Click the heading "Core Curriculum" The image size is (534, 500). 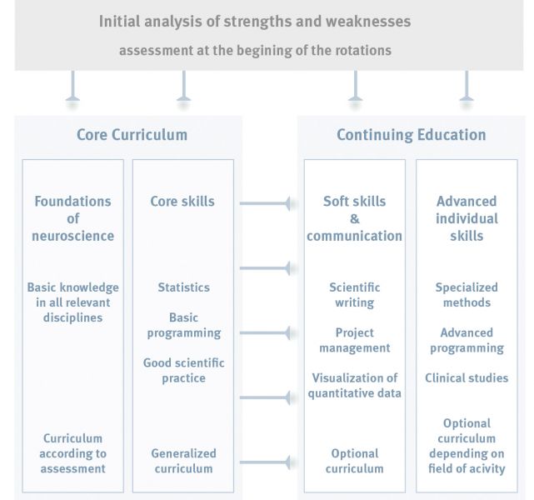pos(132,135)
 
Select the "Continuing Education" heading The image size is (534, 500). pos(412,135)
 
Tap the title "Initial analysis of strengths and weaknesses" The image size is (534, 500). pos(255,22)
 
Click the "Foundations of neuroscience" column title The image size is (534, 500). pos(72,218)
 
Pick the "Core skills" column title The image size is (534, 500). pos(182,202)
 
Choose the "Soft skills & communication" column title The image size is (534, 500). pos(355,218)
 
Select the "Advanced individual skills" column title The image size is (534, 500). pos(467,218)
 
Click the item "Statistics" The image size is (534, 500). pos(183,287)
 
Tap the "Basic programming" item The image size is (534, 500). pos(184,325)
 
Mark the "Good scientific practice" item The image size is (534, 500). pos(183,371)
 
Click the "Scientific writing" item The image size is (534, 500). pos(355,295)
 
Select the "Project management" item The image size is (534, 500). pos(355,340)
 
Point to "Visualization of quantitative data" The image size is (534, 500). pos(355,386)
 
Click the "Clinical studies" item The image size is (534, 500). pos(467,378)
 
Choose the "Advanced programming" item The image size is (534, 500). pos(467,340)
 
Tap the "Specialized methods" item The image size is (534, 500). pos(467,295)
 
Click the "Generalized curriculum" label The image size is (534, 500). pos(183,461)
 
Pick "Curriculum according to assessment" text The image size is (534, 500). pos(72,453)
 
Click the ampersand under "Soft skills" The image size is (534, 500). pos(355,218)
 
